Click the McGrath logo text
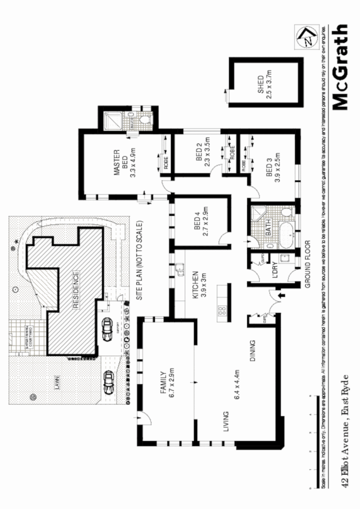340,67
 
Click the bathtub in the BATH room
286,231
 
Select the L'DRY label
273,271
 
